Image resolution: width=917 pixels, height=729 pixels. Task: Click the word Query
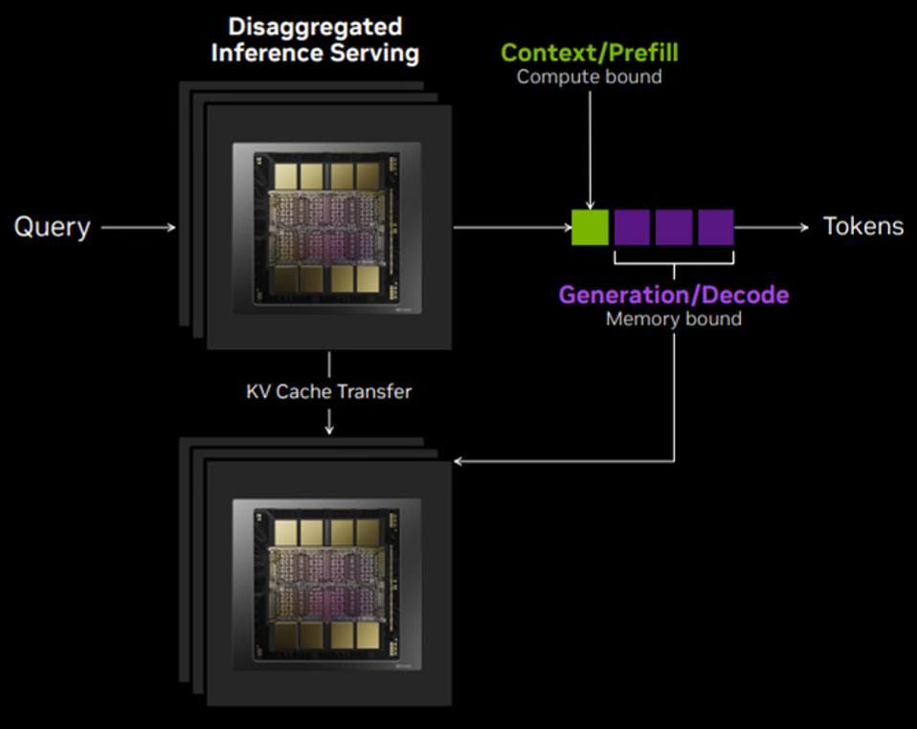click(x=52, y=227)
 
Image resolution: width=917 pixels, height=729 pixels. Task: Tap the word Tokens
click(x=863, y=226)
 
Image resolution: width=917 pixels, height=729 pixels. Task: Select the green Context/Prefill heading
click(x=589, y=52)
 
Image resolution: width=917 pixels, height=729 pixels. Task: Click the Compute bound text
click(x=589, y=77)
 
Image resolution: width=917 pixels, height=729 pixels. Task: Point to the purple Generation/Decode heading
click(x=674, y=294)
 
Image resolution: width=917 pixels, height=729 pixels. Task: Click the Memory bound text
click(x=674, y=319)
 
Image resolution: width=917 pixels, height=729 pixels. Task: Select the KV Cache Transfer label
click(x=328, y=391)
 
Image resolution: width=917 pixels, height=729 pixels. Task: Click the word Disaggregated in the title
click(x=315, y=26)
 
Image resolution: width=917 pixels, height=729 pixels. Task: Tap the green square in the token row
click(x=590, y=228)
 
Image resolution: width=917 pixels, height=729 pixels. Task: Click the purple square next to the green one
click(x=632, y=228)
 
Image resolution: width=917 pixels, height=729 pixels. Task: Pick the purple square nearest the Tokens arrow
click(x=716, y=228)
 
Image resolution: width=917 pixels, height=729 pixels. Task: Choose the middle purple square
click(x=674, y=228)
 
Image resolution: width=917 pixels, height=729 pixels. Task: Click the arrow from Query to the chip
click(x=139, y=227)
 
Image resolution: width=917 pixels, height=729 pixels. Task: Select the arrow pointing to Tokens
click(x=775, y=227)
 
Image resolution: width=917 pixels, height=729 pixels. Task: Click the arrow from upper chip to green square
click(x=511, y=227)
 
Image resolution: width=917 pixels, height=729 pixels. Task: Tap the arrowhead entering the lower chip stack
click(x=458, y=462)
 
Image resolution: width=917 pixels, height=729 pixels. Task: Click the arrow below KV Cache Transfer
click(x=328, y=421)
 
